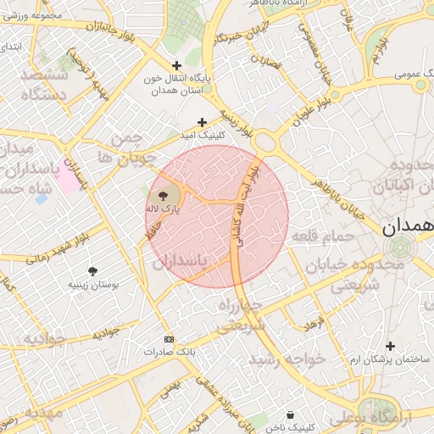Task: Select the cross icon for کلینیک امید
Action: [202, 122]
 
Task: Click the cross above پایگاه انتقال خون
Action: [176, 65]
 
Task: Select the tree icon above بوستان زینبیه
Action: [92, 271]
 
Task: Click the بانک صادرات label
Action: [169, 350]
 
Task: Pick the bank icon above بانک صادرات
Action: [168, 337]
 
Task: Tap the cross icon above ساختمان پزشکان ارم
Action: [390, 346]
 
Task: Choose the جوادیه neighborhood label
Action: [32, 338]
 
